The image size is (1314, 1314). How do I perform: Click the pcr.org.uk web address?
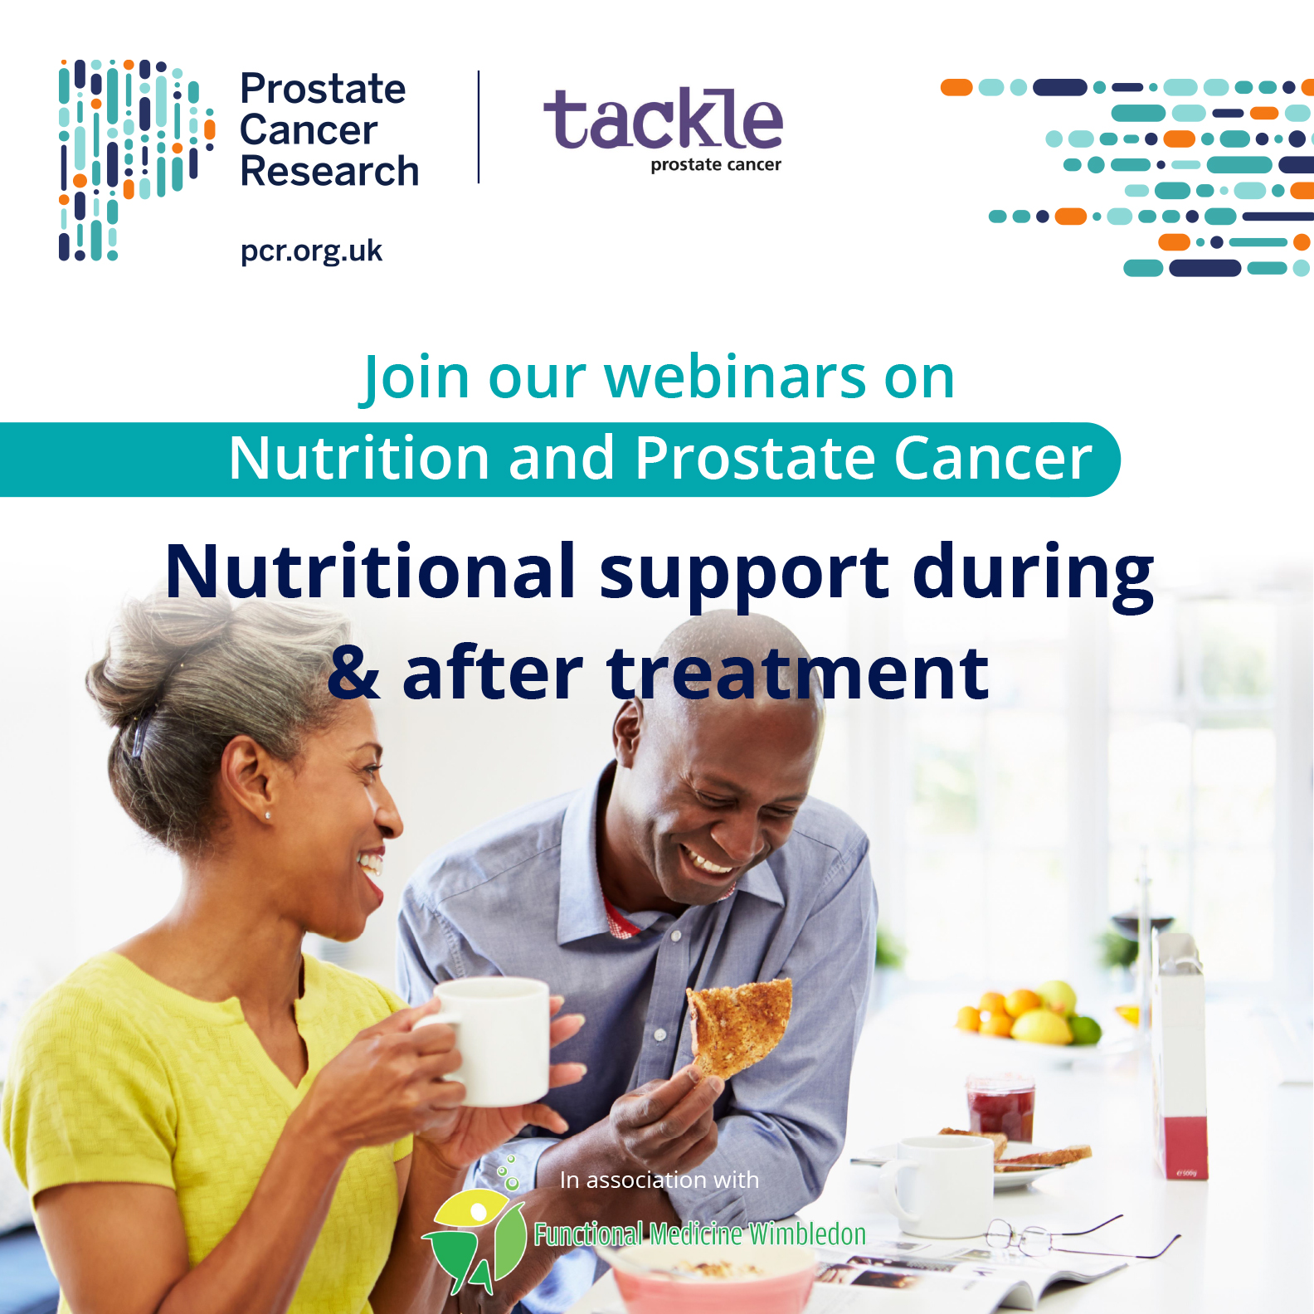[311, 251]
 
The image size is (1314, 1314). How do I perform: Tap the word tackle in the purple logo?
[663, 119]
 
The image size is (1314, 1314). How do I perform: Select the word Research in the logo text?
[329, 172]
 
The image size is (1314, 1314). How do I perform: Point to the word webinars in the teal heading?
[736, 377]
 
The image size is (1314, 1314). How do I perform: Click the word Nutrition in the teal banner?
[359, 458]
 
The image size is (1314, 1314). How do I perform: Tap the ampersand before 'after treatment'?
[354, 672]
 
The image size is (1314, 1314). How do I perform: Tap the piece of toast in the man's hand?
[739, 1025]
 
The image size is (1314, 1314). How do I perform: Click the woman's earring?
[267, 815]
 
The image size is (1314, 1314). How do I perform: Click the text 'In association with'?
[659, 1180]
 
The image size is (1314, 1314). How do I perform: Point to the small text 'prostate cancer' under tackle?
[716, 165]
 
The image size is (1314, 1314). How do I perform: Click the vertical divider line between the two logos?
[479, 127]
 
